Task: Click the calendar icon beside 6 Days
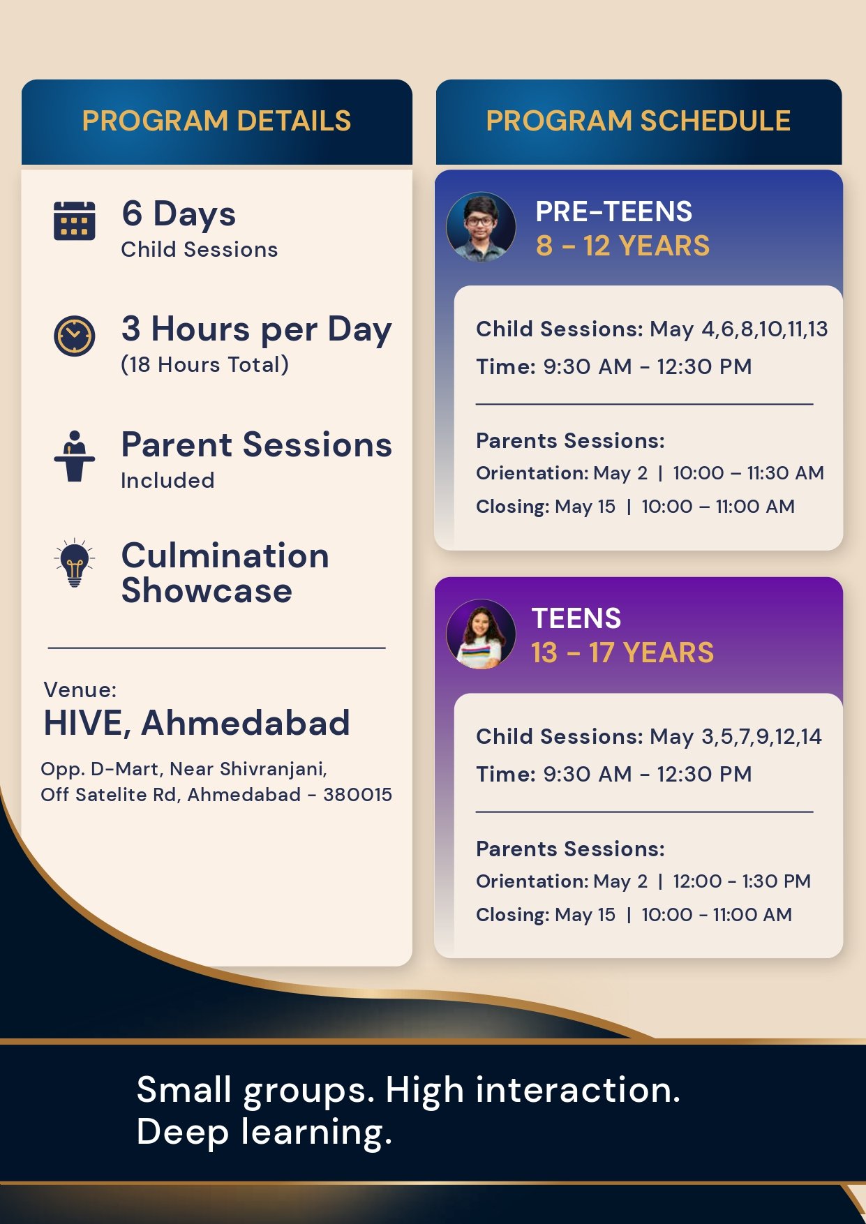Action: coord(75,221)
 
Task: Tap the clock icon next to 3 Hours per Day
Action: coord(75,336)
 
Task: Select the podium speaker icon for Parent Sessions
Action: coord(75,456)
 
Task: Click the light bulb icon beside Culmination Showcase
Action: coord(75,563)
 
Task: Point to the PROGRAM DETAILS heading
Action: coord(216,121)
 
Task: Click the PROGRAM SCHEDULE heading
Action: coord(639,121)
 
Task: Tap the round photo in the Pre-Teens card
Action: coord(481,227)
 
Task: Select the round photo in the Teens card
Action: coord(481,634)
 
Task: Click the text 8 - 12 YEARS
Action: coord(622,246)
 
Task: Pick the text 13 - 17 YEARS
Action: coord(622,653)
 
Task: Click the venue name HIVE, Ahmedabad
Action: coord(197,723)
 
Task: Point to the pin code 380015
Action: coord(357,795)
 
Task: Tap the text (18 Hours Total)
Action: coord(205,364)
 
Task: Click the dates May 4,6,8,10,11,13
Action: coord(739,329)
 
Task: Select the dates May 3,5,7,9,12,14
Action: coord(736,737)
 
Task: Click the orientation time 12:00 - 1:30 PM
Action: coord(742,881)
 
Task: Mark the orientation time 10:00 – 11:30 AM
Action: coord(749,473)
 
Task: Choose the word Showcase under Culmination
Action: coord(207,591)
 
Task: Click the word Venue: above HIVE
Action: coord(80,690)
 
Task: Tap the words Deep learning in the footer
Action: coord(264,1132)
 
